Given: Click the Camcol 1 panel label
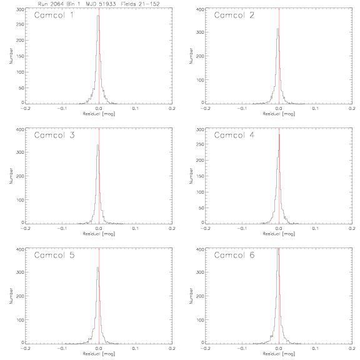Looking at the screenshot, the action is click(54, 15).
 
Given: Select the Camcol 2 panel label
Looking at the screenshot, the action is click(234, 15).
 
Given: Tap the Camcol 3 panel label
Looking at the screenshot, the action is click(54, 135).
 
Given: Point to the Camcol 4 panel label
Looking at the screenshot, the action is click(234, 135).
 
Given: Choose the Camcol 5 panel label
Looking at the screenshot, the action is click(54, 255).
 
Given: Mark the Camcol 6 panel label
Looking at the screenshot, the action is click(234, 255).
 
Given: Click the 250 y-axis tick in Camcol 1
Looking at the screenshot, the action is click(20, 24).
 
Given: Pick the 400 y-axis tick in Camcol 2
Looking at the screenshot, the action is click(200, 9).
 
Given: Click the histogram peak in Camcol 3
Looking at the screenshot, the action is click(97, 145).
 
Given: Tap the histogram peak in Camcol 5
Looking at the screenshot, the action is click(97, 267).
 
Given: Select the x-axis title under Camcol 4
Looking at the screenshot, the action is click(279, 234).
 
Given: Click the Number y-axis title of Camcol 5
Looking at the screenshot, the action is click(11, 296).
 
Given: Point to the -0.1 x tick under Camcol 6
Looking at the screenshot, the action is click(242, 349).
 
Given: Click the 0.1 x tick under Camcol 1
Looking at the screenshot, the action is click(136, 108).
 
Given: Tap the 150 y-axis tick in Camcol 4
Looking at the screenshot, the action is click(200, 176).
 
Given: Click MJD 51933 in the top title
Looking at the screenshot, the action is click(101, 4).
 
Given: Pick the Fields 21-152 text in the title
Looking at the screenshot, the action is click(140, 4).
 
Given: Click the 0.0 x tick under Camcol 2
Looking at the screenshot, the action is click(279, 108).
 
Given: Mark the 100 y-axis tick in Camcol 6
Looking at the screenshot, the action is click(200, 320).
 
